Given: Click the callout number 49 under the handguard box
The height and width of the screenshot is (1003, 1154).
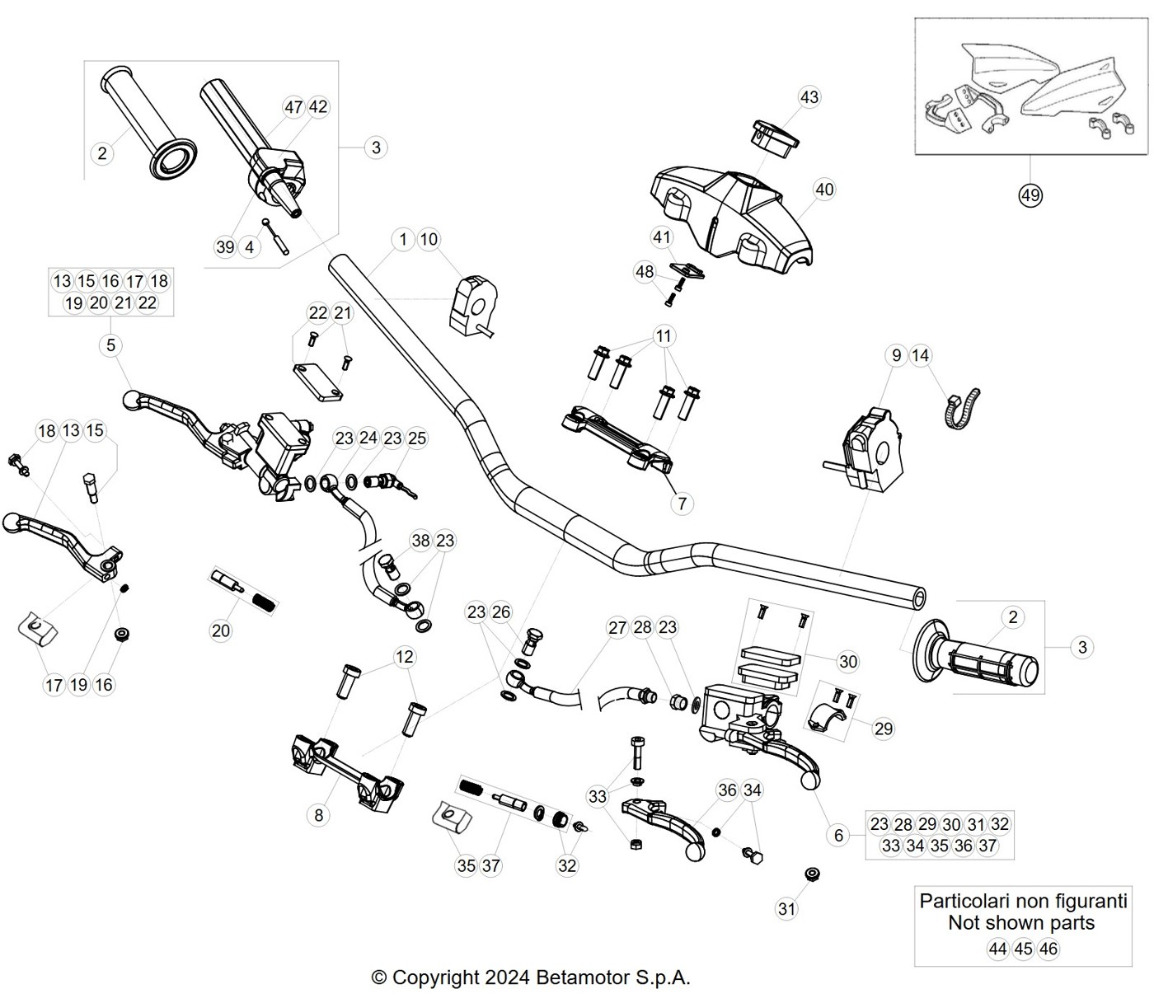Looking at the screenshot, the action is [x=1030, y=195].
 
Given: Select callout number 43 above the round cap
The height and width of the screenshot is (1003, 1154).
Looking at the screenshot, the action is [x=809, y=97].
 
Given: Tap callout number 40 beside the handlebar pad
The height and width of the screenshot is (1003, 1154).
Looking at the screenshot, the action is [x=824, y=190].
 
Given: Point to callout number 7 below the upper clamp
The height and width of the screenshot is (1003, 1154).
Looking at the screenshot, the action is [x=682, y=503].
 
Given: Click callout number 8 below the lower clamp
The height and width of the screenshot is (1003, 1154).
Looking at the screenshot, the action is [x=319, y=815].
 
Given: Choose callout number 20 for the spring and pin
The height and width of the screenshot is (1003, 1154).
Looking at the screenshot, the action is [x=221, y=630].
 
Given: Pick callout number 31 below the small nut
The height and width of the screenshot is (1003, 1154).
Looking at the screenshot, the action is [x=786, y=909].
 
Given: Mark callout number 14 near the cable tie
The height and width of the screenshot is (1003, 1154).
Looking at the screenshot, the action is [x=920, y=355].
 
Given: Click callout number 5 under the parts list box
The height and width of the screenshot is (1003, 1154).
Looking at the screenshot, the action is [x=110, y=345].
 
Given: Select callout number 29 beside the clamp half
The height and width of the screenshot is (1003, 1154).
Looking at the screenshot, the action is [x=884, y=729].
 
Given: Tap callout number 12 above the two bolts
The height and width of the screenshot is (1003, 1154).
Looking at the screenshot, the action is [x=405, y=657].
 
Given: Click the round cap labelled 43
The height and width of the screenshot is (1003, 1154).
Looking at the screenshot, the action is [x=773, y=138].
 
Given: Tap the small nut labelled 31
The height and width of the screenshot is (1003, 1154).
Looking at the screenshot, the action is [x=812, y=874].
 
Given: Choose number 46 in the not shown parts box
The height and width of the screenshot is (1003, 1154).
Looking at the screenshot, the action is [x=1048, y=949].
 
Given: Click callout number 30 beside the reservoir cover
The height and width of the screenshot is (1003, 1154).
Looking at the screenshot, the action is [x=847, y=661].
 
